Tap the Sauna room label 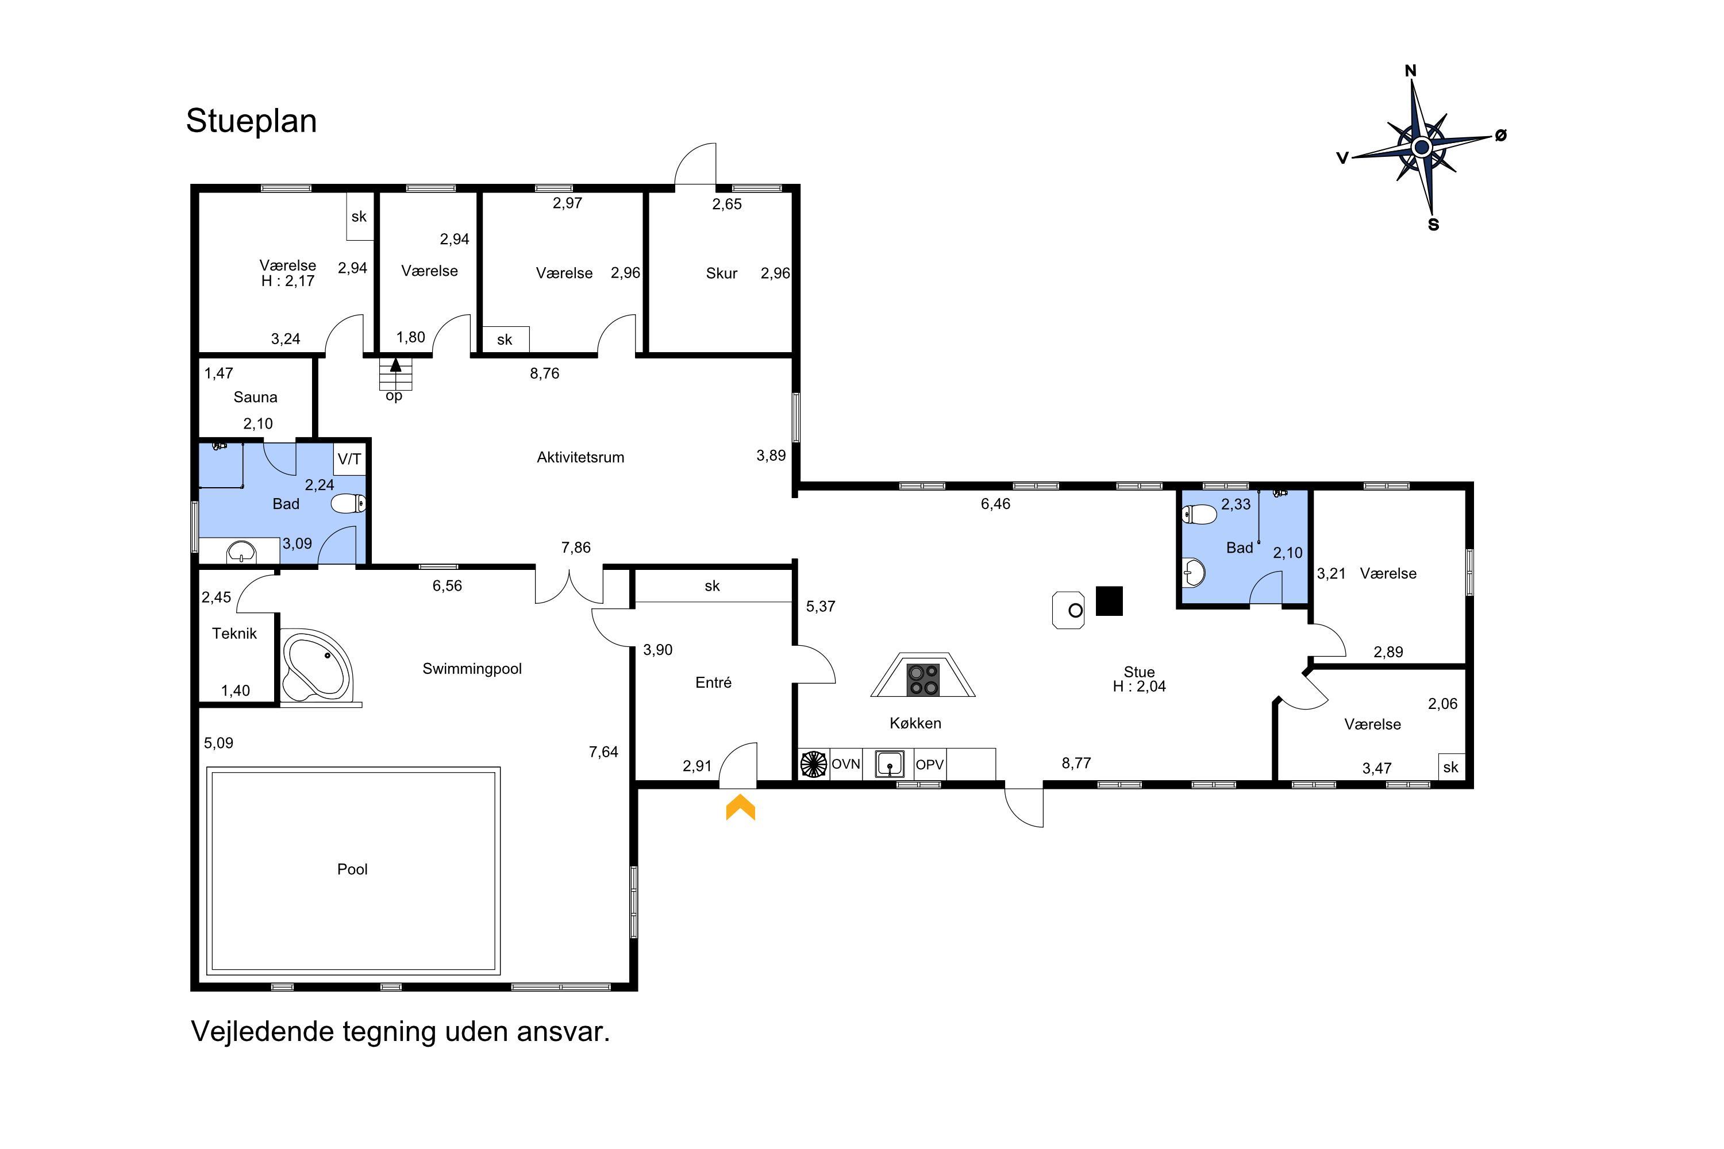[x=255, y=397]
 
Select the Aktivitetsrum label [x=580, y=457]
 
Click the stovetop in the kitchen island [x=923, y=679]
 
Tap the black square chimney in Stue [x=1109, y=601]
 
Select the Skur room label [x=721, y=273]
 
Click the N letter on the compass [x=1410, y=71]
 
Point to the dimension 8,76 [x=545, y=374]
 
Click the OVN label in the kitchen [x=845, y=764]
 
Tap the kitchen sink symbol [x=890, y=764]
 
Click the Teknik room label [x=234, y=634]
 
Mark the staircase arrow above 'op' [x=396, y=364]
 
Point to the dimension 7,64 [x=603, y=752]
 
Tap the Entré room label [x=713, y=683]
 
